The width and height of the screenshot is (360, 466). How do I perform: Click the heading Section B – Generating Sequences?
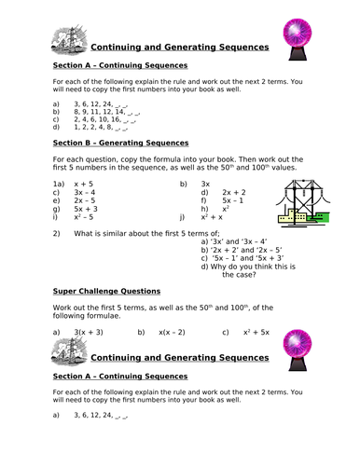point(116,144)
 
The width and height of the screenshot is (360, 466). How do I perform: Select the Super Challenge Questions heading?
point(105,291)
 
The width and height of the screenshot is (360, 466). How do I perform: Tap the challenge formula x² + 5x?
point(256,332)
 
